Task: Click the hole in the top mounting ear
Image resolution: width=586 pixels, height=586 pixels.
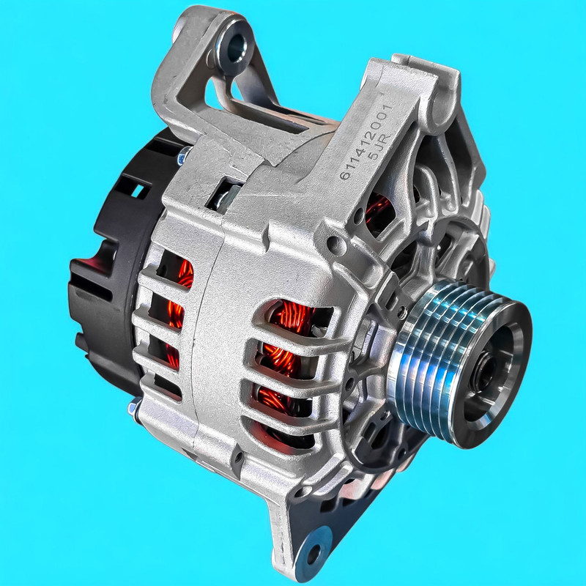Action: pos(236,48)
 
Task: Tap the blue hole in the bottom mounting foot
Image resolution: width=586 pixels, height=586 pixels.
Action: pos(314,551)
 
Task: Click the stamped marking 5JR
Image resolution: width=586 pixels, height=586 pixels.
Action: pos(379,146)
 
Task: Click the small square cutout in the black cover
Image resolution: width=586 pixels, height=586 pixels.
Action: pos(138,191)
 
